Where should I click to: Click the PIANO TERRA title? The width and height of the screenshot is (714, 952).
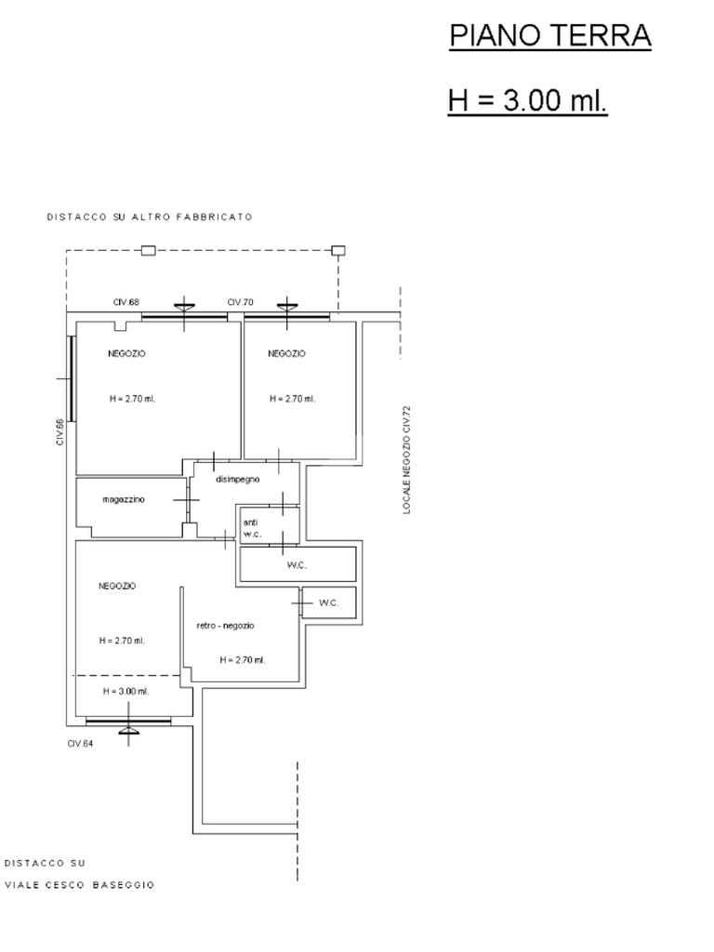[550, 36]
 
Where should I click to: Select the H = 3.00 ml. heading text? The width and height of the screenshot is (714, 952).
[528, 99]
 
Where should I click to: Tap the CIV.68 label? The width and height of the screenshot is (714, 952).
[126, 302]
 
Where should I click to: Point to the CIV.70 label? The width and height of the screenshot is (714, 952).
[241, 302]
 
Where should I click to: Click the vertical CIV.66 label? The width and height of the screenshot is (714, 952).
[60, 432]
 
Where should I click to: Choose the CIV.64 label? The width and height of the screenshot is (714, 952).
[80, 743]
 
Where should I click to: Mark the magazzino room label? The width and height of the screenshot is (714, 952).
[124, 499]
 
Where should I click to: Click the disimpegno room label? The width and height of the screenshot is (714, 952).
[238, 479]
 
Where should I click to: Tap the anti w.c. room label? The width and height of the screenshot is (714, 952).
[251, 528]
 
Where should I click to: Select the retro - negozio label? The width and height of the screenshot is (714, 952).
[225, 626]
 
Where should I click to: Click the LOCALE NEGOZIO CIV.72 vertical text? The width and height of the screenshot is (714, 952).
[407, 459]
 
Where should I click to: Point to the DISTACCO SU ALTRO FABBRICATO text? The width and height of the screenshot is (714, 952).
[150, 217]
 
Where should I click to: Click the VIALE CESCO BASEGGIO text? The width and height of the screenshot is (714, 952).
[80, 885]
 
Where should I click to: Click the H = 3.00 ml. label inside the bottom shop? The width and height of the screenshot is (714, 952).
[126, 691]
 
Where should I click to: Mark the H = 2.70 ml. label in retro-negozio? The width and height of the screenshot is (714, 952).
[243, 660]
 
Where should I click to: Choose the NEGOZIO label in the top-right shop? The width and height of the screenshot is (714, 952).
[286, 353]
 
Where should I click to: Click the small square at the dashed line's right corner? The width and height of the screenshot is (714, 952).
[338, 250]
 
